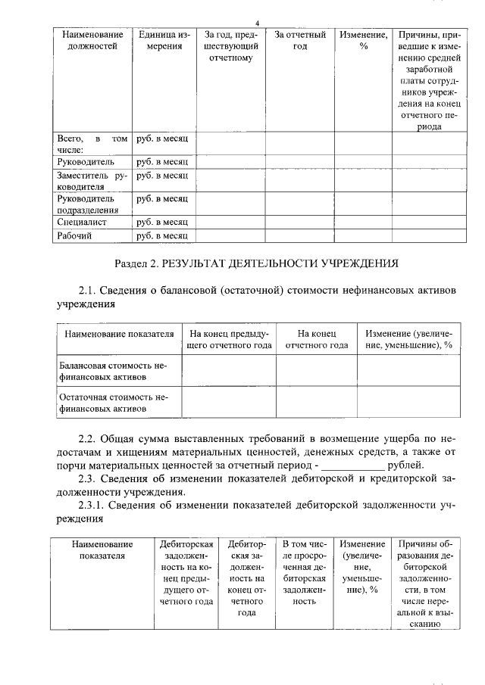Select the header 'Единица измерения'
pos(164,41)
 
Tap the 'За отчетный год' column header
pos(299,41)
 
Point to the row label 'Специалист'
pos(82,223)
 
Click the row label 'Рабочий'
pos(75,236)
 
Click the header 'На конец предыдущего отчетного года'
pos(228,340)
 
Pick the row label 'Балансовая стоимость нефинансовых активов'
pos(113,372)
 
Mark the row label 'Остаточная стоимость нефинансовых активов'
pos(113,403)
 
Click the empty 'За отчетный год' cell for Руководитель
pos(299,162)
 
